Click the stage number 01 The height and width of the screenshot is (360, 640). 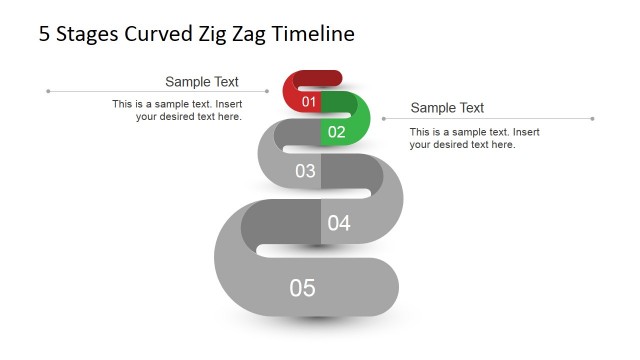pos(308,102)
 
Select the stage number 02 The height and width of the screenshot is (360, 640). pos(336,131)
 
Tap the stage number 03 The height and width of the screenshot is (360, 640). pos(305,171)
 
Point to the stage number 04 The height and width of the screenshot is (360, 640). pos(339,223)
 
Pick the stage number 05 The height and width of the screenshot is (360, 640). pos(302,288)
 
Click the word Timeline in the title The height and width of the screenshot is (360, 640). pos(313,34)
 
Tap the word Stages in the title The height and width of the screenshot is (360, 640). pos(87,34)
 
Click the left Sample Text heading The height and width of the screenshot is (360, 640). pos(202,82)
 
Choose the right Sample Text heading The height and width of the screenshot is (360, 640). pos(447,108)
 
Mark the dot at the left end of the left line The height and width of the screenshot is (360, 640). pos(48,91)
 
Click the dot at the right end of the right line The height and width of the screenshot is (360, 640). pos(592,119)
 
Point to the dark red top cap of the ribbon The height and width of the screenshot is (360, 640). pos(315,77)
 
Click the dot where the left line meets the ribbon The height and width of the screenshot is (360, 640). pos(267,91)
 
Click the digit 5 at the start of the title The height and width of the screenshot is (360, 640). pos(44,34)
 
